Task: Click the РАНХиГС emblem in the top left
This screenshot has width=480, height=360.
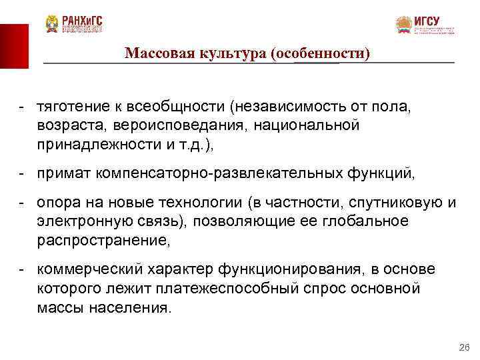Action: [52, 25]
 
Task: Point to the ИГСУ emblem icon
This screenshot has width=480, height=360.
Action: [403, 25]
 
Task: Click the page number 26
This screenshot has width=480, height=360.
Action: [465, 347]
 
